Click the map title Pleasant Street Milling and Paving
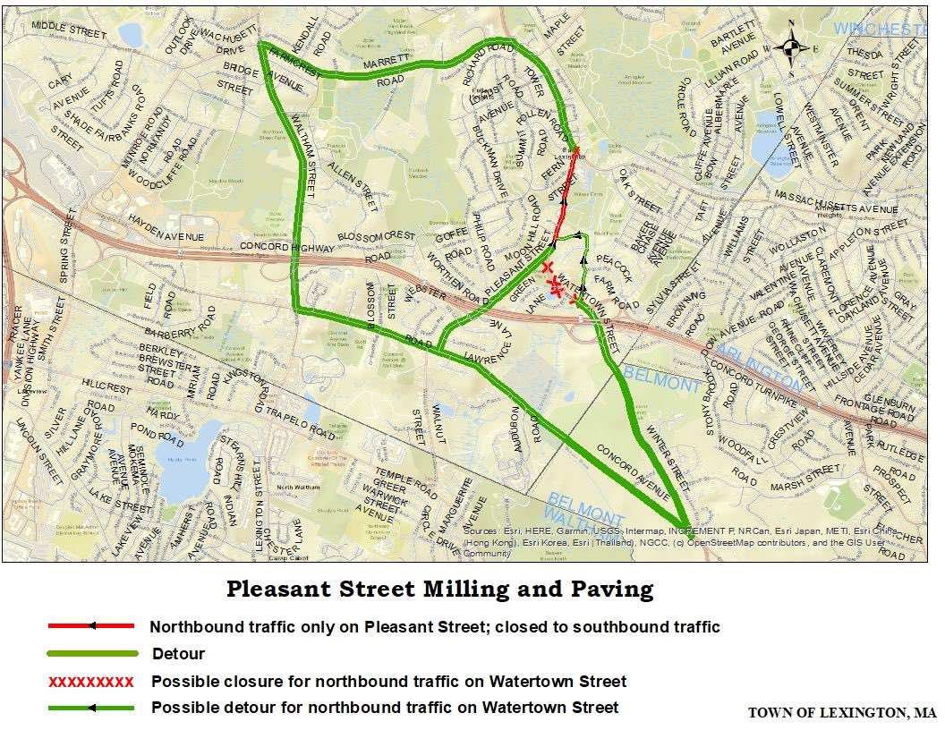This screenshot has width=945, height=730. click(439, 590)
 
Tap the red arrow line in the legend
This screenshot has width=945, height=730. click(91, 626)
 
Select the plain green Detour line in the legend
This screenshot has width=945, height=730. click(91, 654)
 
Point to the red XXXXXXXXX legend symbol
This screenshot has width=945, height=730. click(91, 682)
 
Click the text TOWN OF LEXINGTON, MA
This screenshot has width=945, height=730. click(842, 713)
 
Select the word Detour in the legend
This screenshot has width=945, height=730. click(178, 654)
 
